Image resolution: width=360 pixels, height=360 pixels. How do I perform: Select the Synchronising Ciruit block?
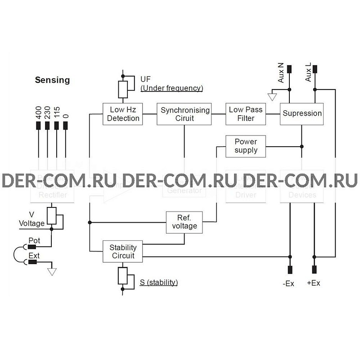(185, 114)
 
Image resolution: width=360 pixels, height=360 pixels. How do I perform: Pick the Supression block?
(302, 113)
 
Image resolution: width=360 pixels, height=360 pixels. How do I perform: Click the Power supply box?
(246, 146)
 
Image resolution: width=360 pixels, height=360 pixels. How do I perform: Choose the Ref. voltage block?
(184, 221)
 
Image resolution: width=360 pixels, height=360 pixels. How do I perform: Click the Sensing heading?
(53, 80)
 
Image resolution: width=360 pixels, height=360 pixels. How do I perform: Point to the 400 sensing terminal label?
(38, 112)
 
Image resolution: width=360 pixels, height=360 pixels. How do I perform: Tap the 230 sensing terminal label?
(47, 112)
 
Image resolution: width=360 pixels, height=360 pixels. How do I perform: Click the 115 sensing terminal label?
(57, 112)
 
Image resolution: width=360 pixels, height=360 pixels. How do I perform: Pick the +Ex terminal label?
(313, 284)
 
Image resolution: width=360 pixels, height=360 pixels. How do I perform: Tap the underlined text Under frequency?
(171, 88)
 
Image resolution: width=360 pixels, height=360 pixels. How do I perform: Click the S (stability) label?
(158, 283)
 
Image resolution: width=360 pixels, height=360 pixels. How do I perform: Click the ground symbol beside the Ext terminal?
(53, 271)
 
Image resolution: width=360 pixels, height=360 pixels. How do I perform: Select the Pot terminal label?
(34, 241)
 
